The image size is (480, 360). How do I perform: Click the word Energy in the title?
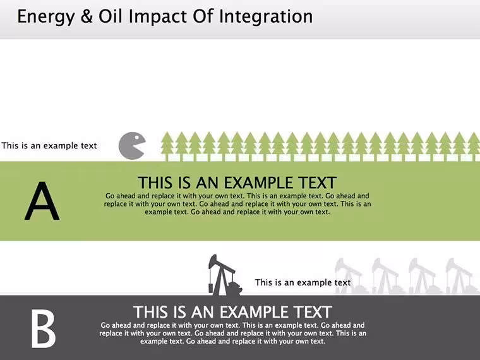(46, 17)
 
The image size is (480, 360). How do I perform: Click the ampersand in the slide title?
(87, 16)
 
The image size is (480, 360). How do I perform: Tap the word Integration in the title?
(266, 17)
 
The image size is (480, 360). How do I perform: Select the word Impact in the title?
(157, 17)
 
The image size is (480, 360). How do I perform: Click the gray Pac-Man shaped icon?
(131, 146)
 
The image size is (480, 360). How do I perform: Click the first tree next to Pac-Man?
(167, 147)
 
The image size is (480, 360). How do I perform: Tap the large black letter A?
(42, 201)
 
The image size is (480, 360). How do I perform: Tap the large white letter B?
(43, 329)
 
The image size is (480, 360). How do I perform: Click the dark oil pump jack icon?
(225, 275)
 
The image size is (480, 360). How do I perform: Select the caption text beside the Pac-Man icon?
(49, 145)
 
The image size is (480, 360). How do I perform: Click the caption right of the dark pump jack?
(303, 282)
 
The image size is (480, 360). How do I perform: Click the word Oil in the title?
(111, 16)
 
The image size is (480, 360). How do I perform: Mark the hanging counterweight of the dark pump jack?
(210, 288)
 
